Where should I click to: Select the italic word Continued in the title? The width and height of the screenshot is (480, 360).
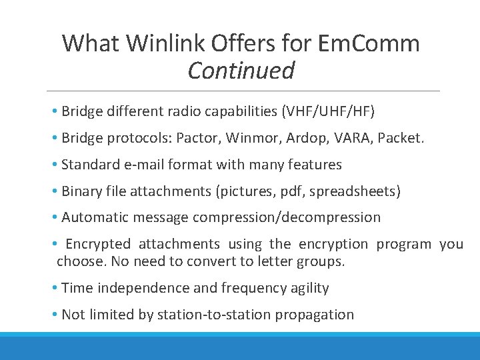click(x=241, y=70)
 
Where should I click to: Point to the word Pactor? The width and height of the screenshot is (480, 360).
click(x=198, y=138)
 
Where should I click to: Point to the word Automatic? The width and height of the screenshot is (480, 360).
click(x=93, y=217)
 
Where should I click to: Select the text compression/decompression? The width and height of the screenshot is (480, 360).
click(x=287, y=217)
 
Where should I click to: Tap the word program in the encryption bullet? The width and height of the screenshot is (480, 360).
click(x=404, y=244)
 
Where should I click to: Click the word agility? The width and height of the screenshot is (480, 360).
click(x=305, y=288)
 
